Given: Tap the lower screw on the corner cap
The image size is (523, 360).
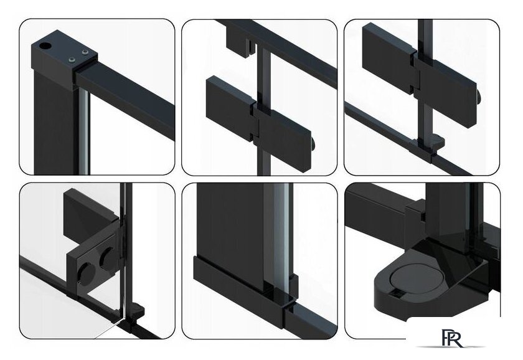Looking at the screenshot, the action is [72, 60].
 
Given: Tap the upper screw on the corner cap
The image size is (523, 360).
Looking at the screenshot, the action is [85, 52].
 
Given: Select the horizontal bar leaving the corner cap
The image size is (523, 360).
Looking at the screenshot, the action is [125, 96].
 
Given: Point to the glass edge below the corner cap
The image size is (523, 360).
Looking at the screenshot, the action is [84, 132].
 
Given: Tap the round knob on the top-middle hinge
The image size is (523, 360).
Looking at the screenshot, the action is [314, 143].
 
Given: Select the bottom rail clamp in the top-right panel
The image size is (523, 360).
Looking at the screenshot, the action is [428, 148].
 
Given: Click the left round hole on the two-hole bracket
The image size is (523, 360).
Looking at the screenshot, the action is [86, 273].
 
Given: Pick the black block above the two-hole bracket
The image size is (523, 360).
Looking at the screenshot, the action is [91, 216].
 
